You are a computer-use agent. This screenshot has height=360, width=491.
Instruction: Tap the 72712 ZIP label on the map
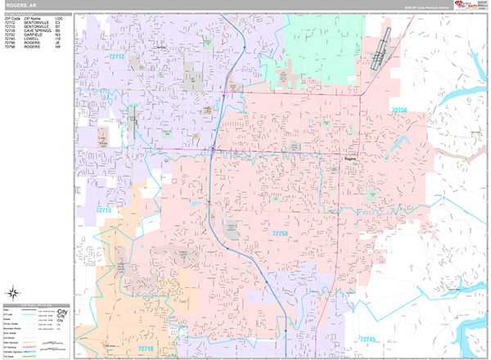116,57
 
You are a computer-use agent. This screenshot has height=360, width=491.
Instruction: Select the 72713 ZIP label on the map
102,210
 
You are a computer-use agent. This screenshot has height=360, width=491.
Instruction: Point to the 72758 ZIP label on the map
279,234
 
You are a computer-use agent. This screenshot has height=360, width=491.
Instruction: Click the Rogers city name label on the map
354,160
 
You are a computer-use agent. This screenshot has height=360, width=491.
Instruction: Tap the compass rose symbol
14,293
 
